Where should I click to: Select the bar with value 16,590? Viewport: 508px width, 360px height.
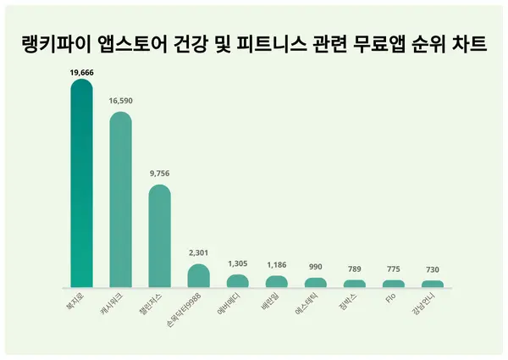pos(120,200)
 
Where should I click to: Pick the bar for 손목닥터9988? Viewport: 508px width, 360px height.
pos(198,276)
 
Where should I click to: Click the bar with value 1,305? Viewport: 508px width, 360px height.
pos(237,281)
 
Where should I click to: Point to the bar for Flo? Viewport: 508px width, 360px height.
pos(393,284)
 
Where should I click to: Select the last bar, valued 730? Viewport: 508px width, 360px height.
pos(432,284)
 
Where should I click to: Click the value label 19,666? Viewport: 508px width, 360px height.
pos(81,74)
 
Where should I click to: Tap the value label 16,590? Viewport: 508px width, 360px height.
pos(120,101)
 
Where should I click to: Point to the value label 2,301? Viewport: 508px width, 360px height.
pos(198,252)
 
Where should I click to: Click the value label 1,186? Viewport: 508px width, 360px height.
pos(276,265)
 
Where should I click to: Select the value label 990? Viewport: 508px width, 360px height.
pos(315,268)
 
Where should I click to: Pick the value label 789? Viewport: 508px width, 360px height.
pos(354,269)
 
